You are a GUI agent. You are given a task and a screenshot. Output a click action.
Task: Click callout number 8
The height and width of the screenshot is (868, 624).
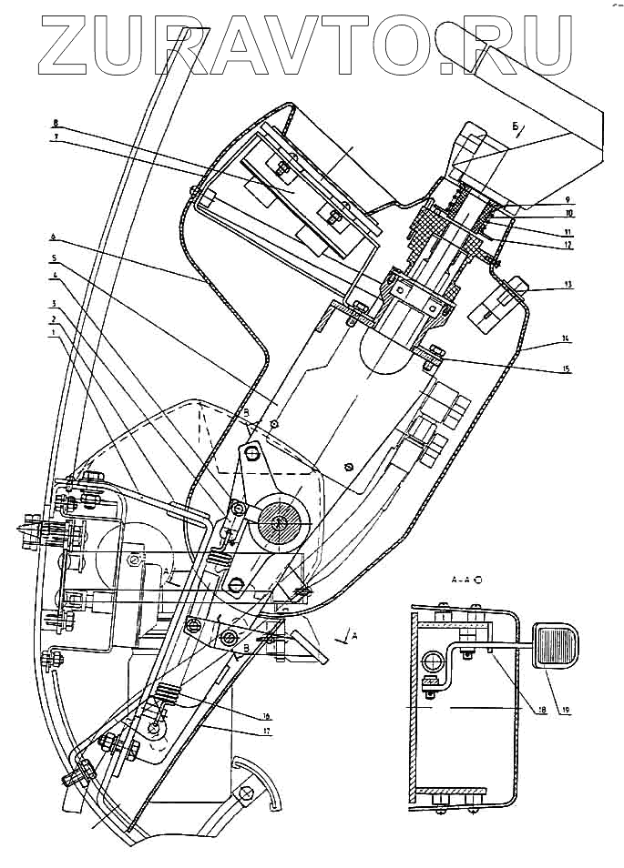click(x=56, y=122)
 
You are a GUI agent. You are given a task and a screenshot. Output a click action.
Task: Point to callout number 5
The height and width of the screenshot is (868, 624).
click(x=56, y=259)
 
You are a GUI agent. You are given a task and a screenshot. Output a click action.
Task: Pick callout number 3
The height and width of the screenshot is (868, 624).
click(x=56, y=303)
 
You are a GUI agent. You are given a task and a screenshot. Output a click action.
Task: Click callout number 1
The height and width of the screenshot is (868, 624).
click(x=56, y=333)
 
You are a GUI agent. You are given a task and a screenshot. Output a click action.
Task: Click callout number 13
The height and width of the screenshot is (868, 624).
click(x=567, y=285)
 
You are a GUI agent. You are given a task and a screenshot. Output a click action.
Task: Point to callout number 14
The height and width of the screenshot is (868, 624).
click(x=567, y=338)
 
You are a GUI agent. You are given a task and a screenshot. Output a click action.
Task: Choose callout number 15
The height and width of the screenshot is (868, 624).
click(x=567, y=368)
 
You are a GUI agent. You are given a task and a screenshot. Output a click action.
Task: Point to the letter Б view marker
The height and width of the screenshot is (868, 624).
click(x=516, y=125)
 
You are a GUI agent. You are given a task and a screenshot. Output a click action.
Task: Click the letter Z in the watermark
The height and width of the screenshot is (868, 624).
click(x=68, y=45)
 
